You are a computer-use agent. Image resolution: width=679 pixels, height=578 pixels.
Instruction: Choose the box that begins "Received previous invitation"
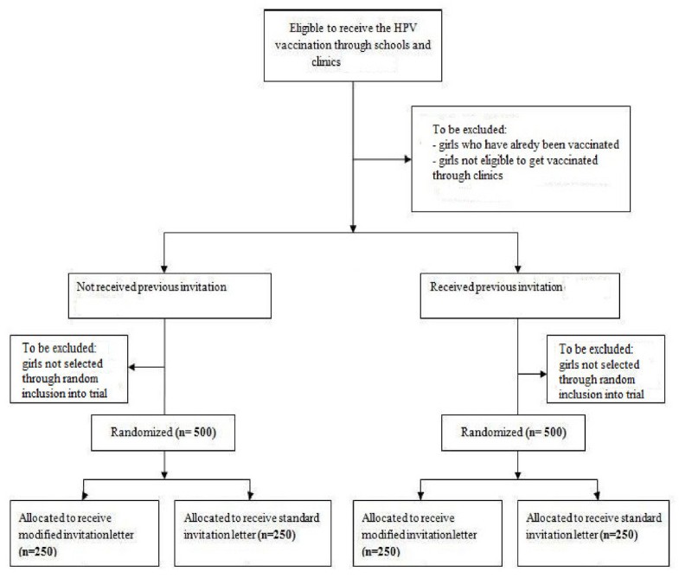tap(517, 286)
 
